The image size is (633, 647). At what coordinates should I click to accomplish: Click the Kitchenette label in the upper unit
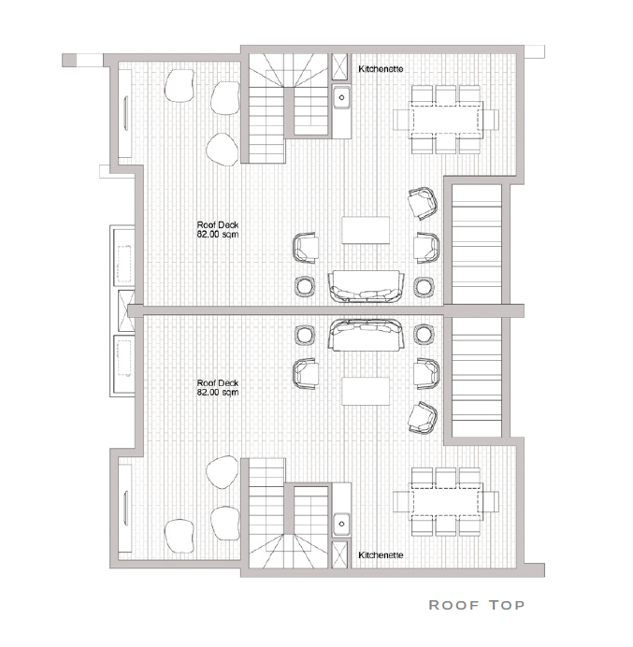[381, 69]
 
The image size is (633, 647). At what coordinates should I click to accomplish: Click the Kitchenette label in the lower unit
[381, 555]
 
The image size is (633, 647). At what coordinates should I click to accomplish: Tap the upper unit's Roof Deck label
[218, 229]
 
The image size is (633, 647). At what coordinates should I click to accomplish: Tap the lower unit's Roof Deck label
[218, 387]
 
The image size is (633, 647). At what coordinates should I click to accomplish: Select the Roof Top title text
[477, 605]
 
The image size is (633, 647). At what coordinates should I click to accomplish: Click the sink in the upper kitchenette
[341, 97]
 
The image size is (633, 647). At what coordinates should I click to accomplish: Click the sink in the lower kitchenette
[341, 524]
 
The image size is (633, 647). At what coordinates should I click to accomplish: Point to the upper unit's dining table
[446, 120]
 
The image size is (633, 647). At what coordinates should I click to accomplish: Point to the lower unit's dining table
[446, 501]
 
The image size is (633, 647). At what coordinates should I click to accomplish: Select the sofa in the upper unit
[366, 287]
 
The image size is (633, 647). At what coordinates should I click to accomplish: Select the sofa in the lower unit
[366, 335]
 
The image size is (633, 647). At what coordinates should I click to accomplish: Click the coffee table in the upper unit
[366, 230]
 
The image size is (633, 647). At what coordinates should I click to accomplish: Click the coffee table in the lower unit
[366, 391]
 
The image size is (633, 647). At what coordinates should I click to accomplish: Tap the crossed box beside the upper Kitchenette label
[339, 66]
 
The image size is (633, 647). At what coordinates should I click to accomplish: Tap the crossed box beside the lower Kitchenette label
[339, 555]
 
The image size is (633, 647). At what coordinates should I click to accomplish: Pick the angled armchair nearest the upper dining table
[423, 203]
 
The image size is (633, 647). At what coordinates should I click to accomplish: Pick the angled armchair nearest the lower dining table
[423, 418]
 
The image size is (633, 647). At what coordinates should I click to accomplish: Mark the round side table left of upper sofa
[305, 286]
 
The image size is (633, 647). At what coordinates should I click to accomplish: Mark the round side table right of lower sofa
[424, 335]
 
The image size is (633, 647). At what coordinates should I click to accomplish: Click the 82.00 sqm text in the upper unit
[218, 235]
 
